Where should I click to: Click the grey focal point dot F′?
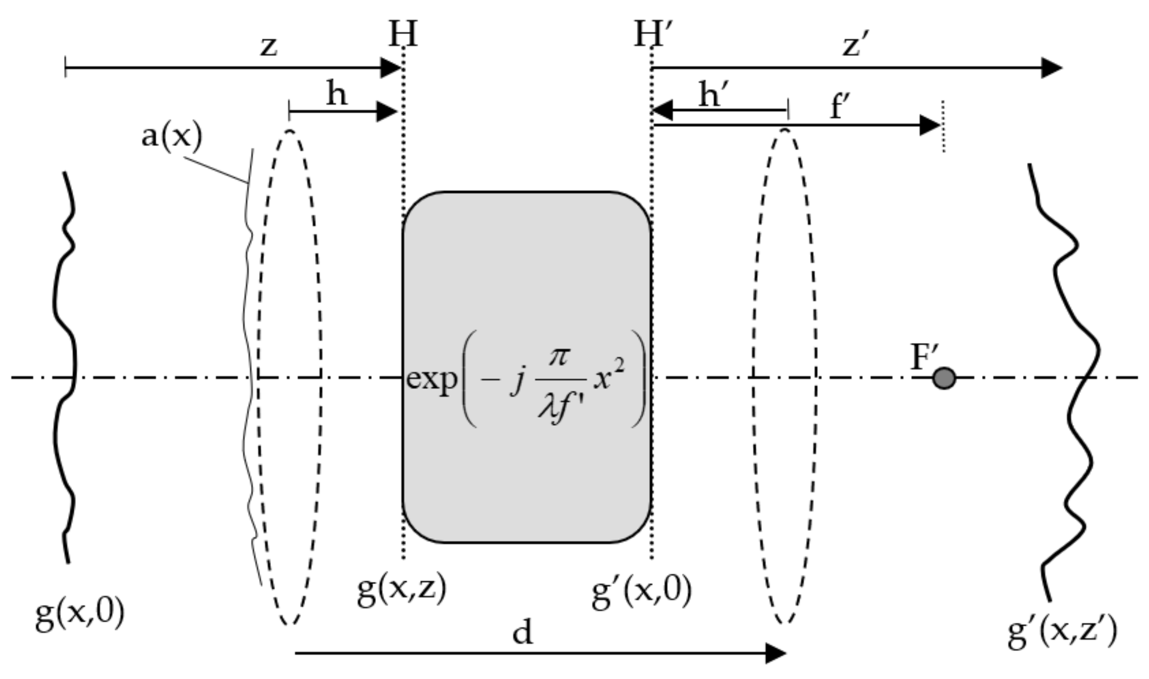(944, 378)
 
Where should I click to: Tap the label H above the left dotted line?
(403, 35)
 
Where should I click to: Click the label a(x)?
(171, 137)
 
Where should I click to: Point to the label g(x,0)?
(80, 616)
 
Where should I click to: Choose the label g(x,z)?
(401, 591)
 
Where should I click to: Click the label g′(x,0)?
(641, 592)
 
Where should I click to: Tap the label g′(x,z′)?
(1062, 633)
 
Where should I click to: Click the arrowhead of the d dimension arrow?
(776, 653)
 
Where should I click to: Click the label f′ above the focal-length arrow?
(840, 107)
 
